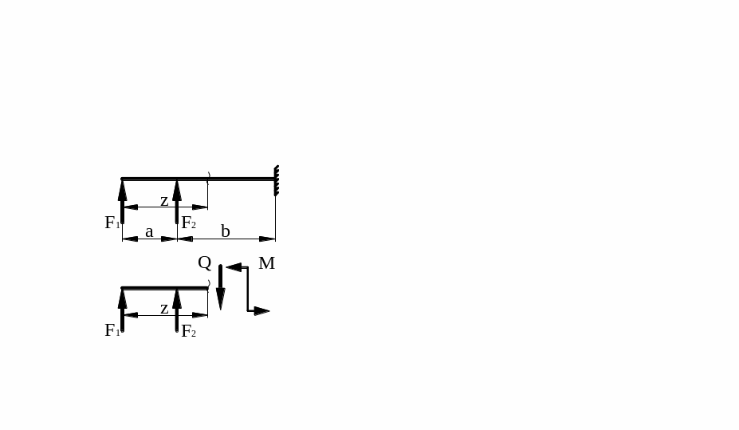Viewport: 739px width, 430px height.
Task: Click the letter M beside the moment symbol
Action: pos(266,263)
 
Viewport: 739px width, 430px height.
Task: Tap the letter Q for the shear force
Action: pos(205,262)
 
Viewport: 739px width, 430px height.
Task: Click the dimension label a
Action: pos(149,231)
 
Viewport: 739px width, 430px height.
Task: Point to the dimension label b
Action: pos(226,231)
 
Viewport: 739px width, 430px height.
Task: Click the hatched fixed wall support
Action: pos(277,180)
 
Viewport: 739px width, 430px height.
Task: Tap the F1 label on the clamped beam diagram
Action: pos(112,223)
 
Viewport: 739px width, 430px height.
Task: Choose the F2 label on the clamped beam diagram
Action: pos(188,223)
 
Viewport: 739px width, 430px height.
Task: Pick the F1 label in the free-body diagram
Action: pos(112,330)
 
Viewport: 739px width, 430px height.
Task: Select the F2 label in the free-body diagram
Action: pos(188,331)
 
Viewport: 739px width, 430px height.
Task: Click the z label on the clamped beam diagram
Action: pos(164,200)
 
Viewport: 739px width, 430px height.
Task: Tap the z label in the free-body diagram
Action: pos(164,308)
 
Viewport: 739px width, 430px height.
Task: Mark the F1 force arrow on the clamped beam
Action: pos(123,201)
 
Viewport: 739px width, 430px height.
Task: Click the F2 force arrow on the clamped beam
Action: pos(177,201)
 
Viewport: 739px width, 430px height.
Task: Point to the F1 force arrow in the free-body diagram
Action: pos(123,310)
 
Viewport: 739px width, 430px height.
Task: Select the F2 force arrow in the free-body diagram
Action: pos(177,310)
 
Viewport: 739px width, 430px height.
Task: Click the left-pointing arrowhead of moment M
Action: pos(234,267)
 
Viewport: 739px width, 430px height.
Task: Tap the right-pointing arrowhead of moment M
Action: pos(261,311)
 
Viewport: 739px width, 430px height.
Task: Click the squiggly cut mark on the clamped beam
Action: pos(209,177)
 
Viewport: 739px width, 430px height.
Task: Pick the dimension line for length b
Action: pos(239,239)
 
